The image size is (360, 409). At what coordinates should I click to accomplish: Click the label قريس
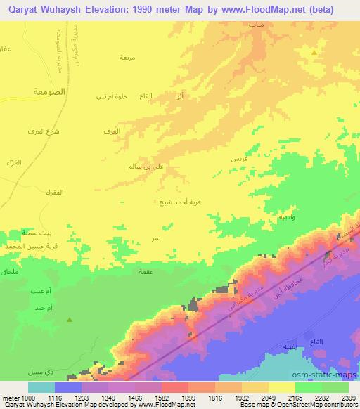[x=239, y=160]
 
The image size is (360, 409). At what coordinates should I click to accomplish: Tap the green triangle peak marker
[x=70, y=320]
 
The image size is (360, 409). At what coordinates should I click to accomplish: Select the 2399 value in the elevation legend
[x=347, y=397]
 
